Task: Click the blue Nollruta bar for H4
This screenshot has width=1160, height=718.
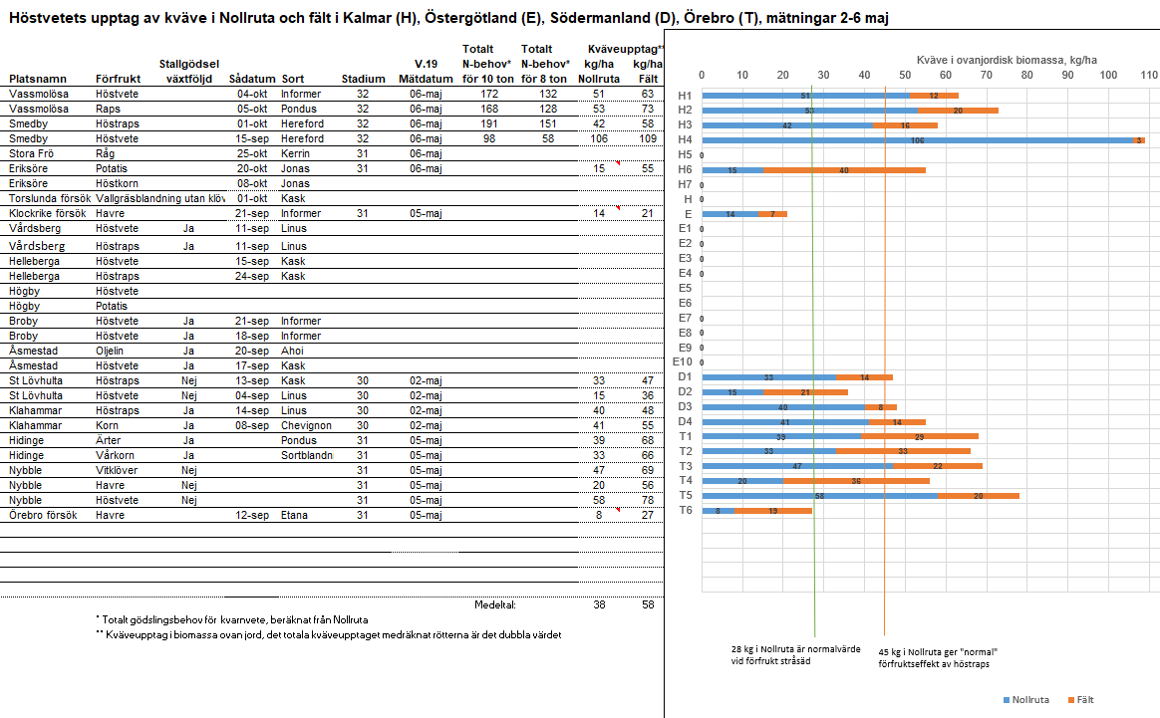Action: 917,140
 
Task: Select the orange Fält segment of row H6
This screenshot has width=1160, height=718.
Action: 844,170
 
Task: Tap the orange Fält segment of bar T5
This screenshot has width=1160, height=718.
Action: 979,495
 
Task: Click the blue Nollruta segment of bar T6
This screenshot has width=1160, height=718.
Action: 719,510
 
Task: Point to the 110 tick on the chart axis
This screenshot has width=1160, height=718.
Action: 1148,76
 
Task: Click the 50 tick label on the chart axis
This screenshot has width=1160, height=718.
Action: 905,76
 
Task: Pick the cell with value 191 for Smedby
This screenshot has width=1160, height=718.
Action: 488,124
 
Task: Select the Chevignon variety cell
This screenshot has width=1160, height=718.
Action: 307,425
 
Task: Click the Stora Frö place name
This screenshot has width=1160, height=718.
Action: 35,154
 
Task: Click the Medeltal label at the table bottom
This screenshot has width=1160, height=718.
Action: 495,604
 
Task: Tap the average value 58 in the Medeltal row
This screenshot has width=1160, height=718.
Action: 647,604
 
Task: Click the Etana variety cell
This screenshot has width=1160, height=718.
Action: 295,515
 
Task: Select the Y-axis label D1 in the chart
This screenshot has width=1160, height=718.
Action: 685,377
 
